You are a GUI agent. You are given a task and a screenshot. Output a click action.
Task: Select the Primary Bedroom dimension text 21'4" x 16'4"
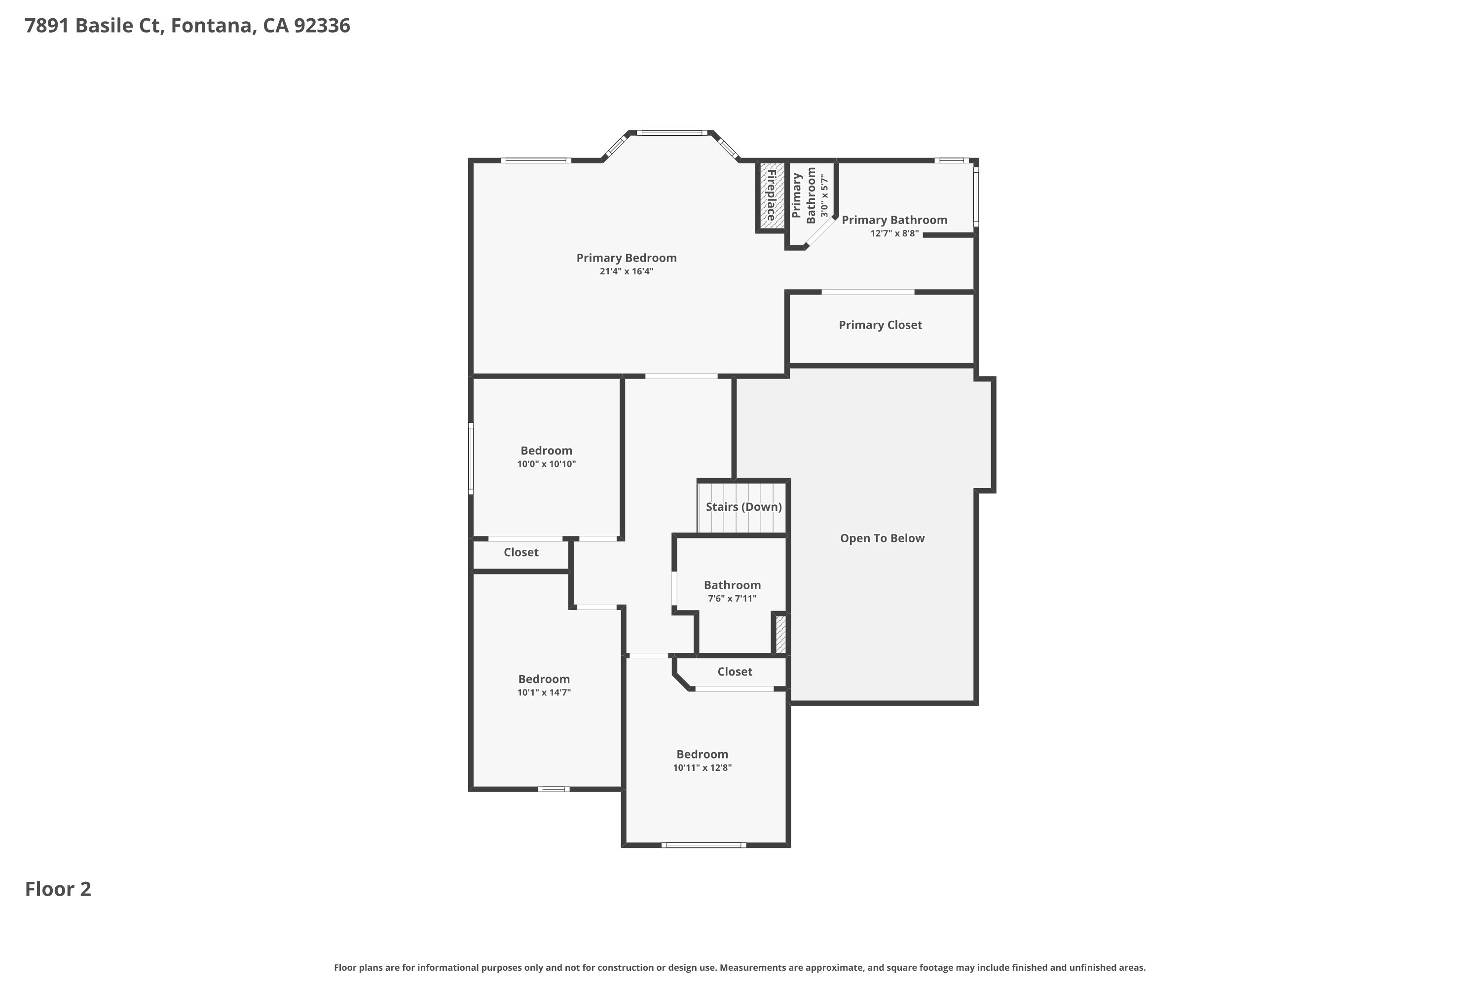pyautogui.click(x=626, y=272)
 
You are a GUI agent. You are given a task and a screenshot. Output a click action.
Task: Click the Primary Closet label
pyautogui.click(x=880, y=325)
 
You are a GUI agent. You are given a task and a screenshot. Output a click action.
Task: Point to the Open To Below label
pyautogui.click(x=882, y=538)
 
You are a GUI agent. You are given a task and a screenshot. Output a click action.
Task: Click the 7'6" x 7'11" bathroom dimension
pyautogui.click(x=732, y=599)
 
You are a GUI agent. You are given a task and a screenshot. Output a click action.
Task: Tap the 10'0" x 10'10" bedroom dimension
pyautogui.click(x=546, y=464)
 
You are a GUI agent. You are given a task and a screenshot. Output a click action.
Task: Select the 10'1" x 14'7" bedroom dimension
pyautogui.click(x=544, y=692)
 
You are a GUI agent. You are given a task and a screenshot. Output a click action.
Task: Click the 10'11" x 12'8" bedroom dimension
pyautogui.click(x=702, y=768)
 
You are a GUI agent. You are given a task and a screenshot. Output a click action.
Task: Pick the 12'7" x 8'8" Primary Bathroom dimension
pyautogui.click(x=894, y=233)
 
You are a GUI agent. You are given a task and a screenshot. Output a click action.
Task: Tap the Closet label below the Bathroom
pyautogui.click(x=735, y=672)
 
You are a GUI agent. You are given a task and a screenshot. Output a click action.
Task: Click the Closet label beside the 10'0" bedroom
pyautogui.click(x=520, y=552)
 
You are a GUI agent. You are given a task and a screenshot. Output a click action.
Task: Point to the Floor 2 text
pyautogui.click(x=58, y=889)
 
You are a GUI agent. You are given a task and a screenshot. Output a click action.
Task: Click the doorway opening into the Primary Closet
pyautogui.click(x=868, y=292)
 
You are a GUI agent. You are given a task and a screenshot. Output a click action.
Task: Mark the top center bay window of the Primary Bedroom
pyautogui.click(x=671, y=133)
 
